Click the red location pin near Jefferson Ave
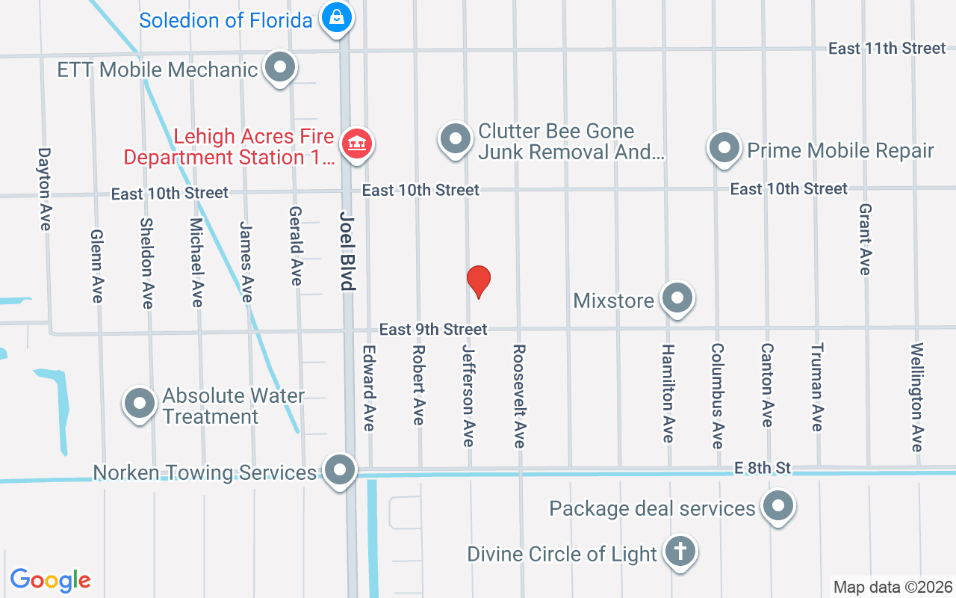478,281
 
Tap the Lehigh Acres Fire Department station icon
357,143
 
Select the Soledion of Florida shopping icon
337,17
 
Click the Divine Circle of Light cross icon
680,552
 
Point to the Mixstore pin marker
677,298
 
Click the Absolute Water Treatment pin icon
139,404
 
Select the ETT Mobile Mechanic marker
280,67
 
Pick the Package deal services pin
778,506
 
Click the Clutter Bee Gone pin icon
455,138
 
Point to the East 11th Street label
887,49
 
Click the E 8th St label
762,468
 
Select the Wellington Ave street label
917,397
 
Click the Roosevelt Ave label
519,395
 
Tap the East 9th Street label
433,329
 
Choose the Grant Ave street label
865,239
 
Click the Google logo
51,580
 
